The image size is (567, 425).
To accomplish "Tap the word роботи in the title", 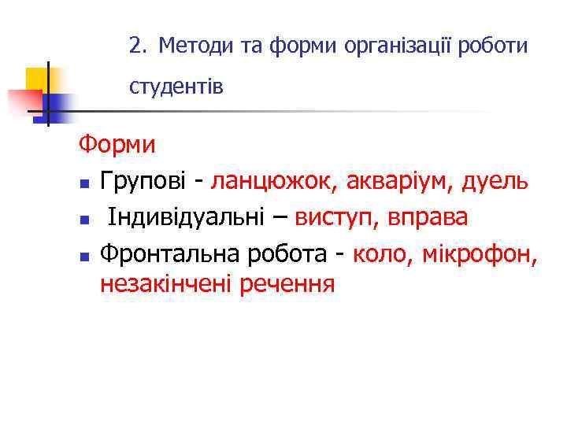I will (x=493, y=47).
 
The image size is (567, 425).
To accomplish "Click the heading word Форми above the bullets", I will (x=117, y=146).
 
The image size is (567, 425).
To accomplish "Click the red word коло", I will (x=380, y=252).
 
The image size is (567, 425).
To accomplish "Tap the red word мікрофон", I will (x=478, y=252).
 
